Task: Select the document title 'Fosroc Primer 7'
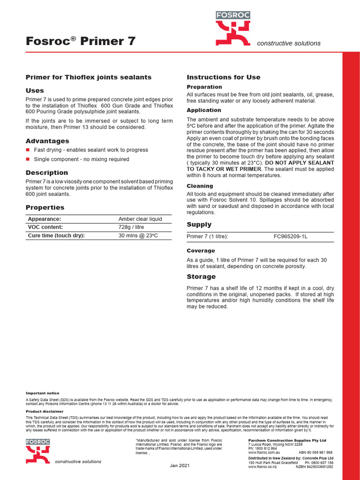point(81,41)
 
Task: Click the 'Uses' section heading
point(35,90)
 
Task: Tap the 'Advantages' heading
point(47,141)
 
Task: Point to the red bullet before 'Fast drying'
point(28,150)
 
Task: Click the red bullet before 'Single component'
point(28,159)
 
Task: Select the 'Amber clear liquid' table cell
point(140,219)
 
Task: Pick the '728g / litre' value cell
point(132,227)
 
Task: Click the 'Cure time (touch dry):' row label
point(56,235)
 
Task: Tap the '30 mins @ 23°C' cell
point(138,235)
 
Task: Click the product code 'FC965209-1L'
point(291,237)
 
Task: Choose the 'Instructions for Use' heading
point(224,77)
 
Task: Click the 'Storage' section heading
point(201,277)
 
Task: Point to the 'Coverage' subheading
point(201,251)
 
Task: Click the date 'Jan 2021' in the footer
point(180,465)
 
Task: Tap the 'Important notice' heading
point(42,393)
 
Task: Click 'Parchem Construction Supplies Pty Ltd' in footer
point(286,441)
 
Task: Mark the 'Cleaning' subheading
point(200,186)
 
